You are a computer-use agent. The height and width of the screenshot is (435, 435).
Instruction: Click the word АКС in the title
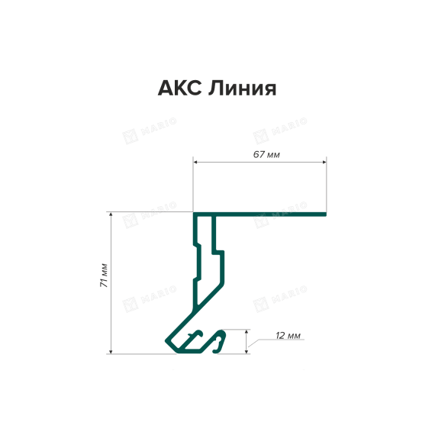point(180,89)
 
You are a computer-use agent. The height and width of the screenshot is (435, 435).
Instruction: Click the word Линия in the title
point(242,89)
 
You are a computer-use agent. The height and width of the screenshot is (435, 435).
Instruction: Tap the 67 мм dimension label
point(266,154)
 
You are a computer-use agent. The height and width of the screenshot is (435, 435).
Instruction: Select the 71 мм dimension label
point(104,275)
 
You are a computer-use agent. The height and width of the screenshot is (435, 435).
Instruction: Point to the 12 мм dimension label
point(288,336)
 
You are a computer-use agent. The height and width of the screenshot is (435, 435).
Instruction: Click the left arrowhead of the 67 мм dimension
point(195,162)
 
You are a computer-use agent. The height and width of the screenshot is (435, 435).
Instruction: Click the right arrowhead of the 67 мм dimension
point(324,162)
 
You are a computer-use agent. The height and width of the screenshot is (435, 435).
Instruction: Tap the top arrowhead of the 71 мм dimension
point(111,214)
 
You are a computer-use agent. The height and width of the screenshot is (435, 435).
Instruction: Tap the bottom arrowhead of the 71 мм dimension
point(111,352)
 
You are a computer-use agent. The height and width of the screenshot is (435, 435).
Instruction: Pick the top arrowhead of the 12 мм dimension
point(246,332)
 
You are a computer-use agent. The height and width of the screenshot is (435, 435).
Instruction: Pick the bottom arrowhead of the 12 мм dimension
point(246,352)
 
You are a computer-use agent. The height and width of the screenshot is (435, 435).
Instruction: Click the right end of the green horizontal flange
point(326,214)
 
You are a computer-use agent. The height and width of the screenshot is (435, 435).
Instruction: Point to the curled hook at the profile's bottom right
point(220,341)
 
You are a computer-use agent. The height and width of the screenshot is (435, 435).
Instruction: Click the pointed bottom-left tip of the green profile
point(166,340)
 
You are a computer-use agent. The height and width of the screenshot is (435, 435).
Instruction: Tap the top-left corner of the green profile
point(194,212)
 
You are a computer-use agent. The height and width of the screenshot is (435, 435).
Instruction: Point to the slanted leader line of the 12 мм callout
point(253,343)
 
